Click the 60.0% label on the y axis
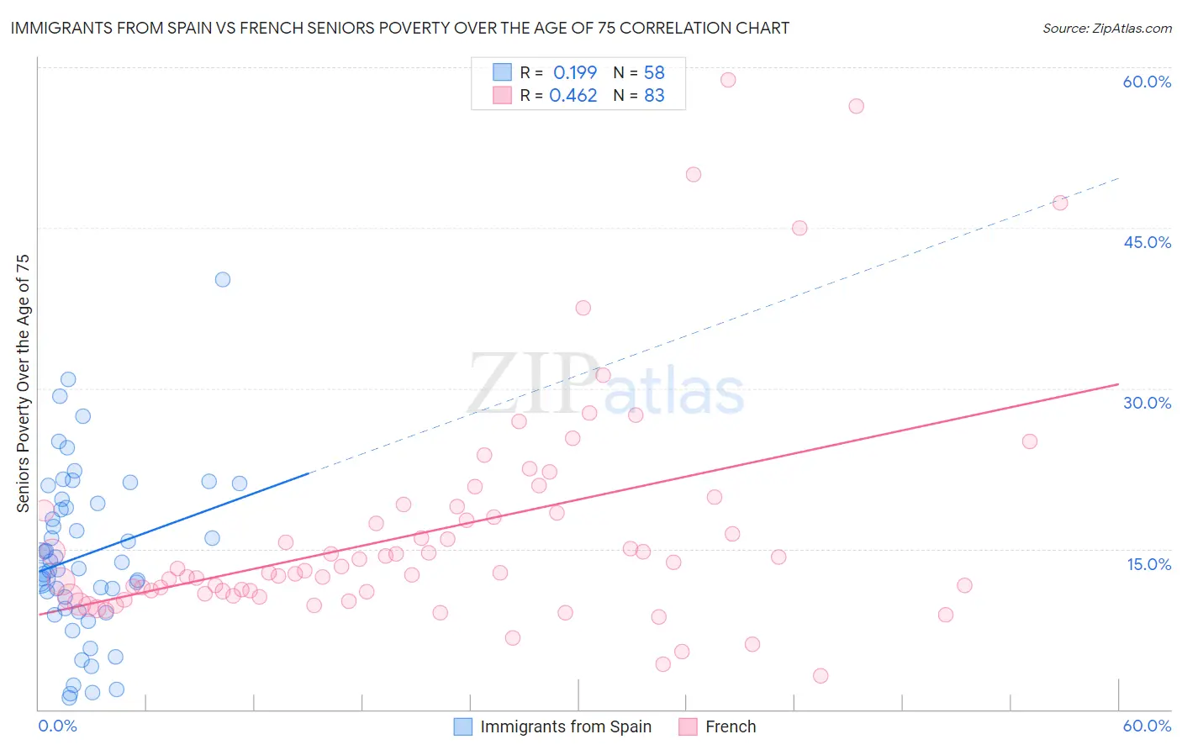coord(1147,82)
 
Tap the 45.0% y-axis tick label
coord(1147,242)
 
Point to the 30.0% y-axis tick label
coord(1147,403)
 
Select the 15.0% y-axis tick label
coord(1148,563)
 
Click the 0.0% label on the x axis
coord(57,726)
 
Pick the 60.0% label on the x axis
coord(1147,726)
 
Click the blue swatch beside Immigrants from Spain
coord(463,726)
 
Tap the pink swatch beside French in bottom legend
coord(689,726)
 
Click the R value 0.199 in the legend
coord(575,72)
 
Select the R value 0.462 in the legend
coord(573,96)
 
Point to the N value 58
coord(654,72)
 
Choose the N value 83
coord(654,96)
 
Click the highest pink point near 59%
coord(728,80)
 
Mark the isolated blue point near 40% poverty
coord(223,279)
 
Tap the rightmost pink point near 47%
coord(1060,203)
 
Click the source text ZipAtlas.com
coord(1107,29)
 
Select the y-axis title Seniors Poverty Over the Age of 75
coord(24,383)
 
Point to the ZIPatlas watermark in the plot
coord(605,386)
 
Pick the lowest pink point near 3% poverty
coord(821,676)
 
